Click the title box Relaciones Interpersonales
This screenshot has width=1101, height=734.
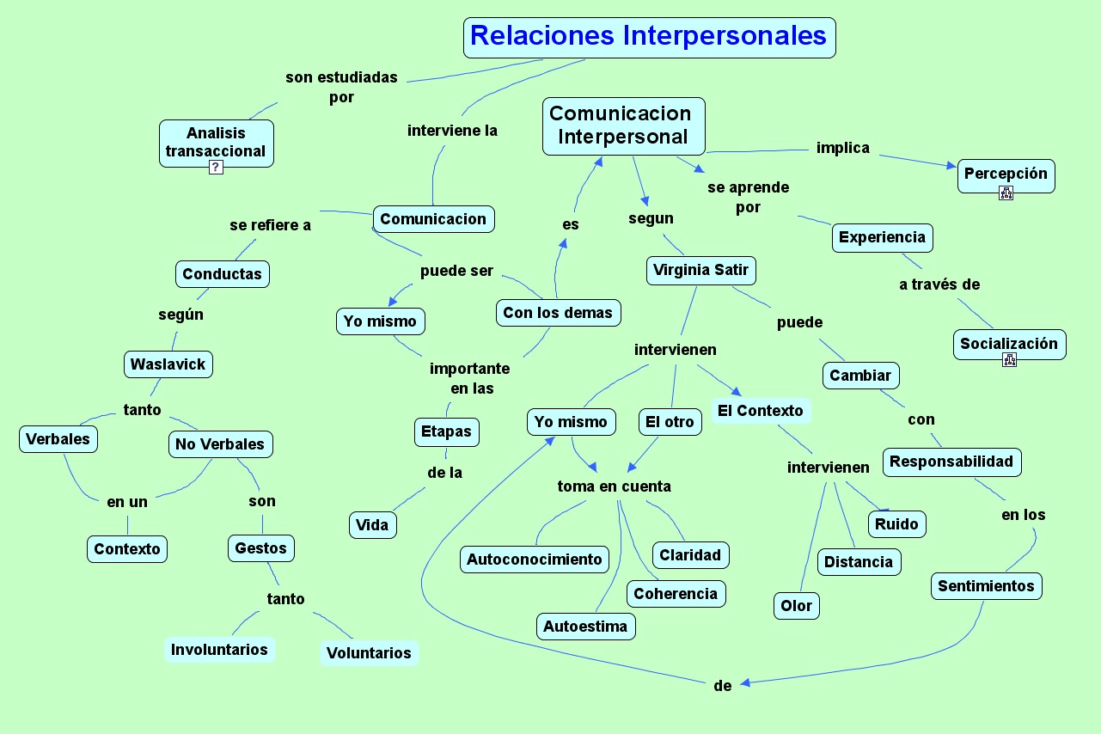tap(649, 37)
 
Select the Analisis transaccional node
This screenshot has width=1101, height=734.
tap(216, 142)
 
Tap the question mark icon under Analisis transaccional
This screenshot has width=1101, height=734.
tap(216, 168)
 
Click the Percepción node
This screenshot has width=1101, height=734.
tap(1006, 174)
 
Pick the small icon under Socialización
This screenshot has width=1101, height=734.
tap(1009, 360)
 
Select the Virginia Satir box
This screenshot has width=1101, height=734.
tap(700, 271)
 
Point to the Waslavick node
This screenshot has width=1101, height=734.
tap(168, 364)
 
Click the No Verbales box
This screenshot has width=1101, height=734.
tap(221, 444)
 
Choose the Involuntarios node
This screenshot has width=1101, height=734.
tap(219, 650)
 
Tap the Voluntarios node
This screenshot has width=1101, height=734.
tap(369, 653)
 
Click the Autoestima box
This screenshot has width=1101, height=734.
tap(585, 627)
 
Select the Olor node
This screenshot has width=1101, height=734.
tap(796, 606)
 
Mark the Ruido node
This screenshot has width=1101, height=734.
tap(896, 524)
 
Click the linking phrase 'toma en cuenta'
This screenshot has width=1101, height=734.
tap(614, 486)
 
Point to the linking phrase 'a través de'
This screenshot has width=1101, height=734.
tap(939, 284)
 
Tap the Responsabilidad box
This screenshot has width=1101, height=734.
tap(951, 462)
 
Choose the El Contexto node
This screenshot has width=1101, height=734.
tap(760, 411)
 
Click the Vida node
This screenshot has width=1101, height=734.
tap(372, 525)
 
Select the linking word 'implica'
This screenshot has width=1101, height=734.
tap(842, 148)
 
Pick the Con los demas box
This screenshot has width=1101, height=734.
tap(558, 313)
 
